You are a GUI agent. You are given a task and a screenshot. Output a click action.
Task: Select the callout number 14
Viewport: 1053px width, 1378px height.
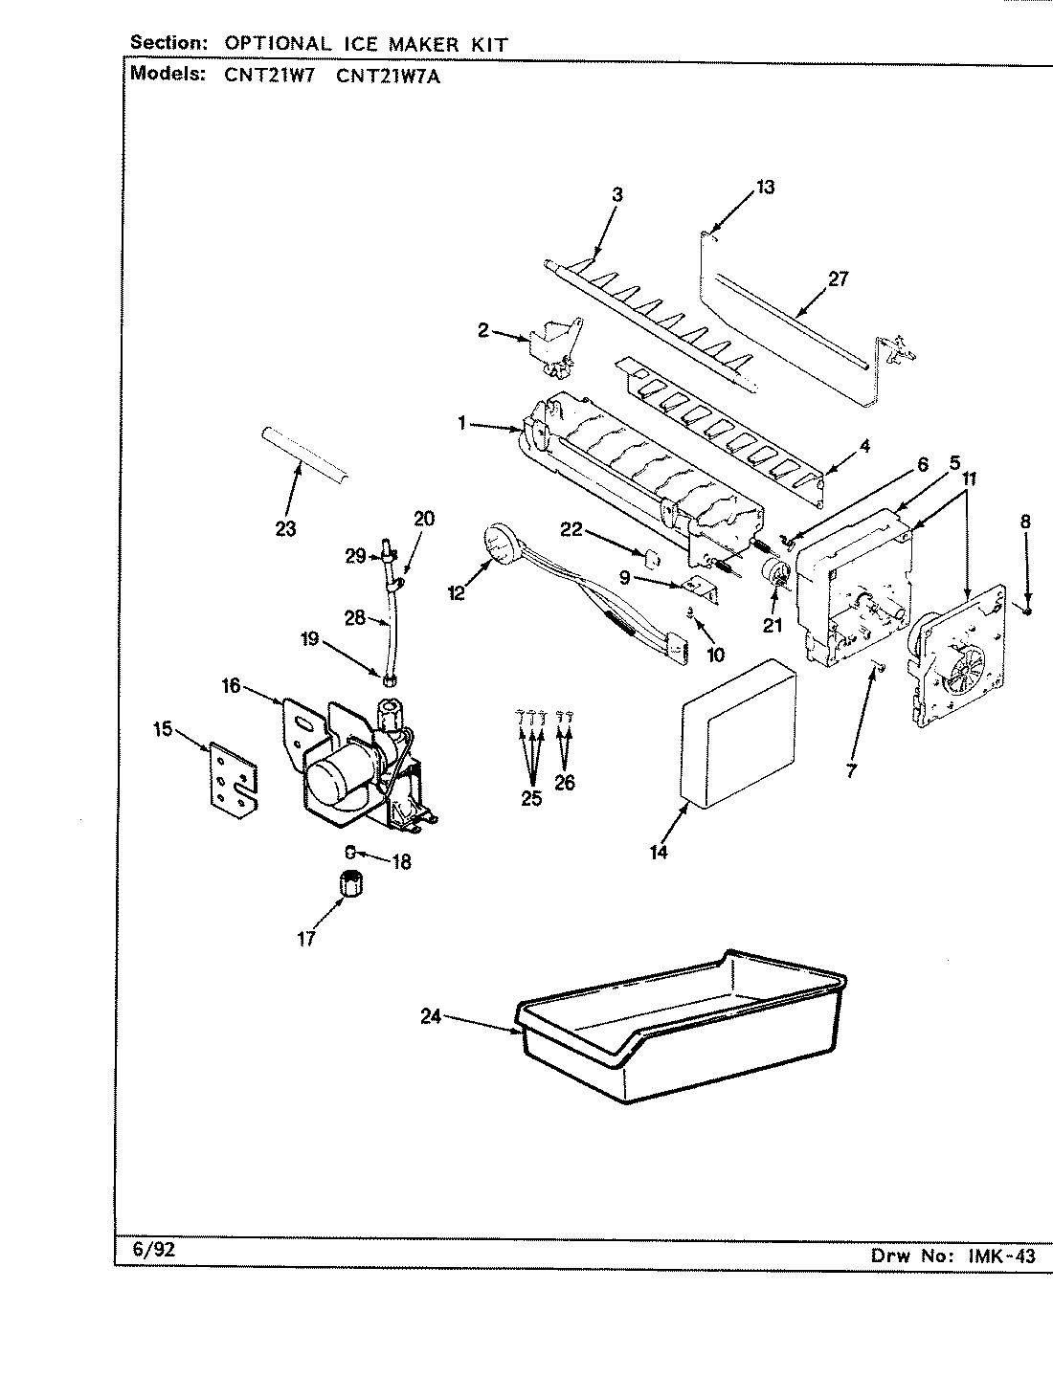click(658, 851)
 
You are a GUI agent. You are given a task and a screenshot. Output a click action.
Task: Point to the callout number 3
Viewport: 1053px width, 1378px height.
click(617, 194)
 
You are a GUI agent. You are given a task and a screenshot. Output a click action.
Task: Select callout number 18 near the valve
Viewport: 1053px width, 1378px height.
click(401, 862)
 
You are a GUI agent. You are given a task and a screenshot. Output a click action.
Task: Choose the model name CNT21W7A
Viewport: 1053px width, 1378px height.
click(390, 78)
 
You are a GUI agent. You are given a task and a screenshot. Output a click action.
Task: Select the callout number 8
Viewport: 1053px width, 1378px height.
click(1025, 522)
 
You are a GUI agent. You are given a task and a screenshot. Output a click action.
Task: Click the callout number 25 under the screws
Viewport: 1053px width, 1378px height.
click(530, 798)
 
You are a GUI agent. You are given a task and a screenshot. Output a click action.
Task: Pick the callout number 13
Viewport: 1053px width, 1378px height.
click(765, 188)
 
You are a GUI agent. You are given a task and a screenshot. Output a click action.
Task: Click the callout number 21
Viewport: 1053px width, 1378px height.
click(773, 627)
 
